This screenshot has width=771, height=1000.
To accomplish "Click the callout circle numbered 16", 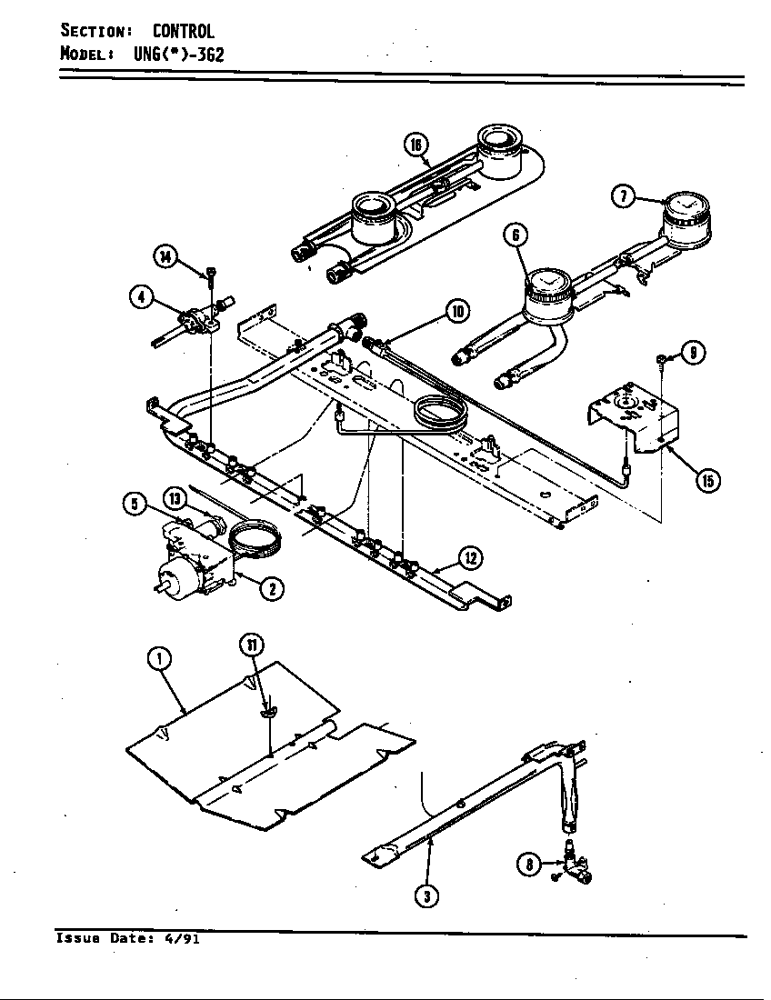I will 416,145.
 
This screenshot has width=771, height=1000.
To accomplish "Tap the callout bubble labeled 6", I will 516,235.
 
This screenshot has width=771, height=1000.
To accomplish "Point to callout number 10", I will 456,312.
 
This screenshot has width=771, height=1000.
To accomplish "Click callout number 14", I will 165,257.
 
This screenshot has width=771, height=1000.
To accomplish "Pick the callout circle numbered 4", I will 141,297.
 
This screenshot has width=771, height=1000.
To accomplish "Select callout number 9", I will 694,352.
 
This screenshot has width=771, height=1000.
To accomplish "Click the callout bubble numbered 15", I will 706,481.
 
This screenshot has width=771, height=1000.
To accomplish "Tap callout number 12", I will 469,557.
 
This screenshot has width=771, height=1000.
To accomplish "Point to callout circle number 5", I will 135,504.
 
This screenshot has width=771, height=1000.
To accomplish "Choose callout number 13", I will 175,497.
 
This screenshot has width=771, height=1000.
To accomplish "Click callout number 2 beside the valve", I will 270,588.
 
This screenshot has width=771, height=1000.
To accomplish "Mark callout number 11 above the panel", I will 252,645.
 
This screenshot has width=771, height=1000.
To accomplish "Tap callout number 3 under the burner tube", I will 426,895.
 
